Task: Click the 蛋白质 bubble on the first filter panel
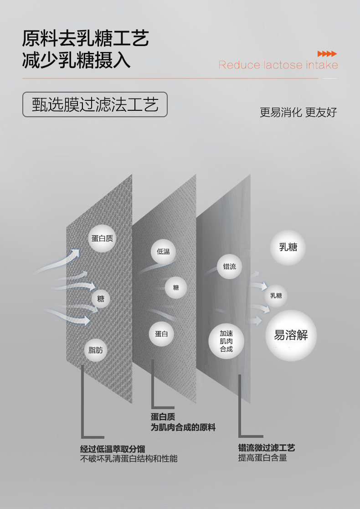tap(102, 238)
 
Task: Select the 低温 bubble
tap(163, 251)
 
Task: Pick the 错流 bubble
tap(230, 266)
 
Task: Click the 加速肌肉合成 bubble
tap(226, 341)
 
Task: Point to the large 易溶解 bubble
tap(291, 336)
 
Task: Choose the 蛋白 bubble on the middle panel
tap(161, 334)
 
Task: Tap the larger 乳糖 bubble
tap(288, 247)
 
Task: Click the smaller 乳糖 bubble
tap(276, 296)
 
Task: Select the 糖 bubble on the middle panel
tap(176, 287)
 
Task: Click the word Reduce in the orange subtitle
tap(239, 65)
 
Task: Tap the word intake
tap(322, 65)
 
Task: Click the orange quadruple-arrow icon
tap(327, 54)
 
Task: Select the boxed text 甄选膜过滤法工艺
tap(95, 104)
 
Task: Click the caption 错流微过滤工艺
tap(267, 448)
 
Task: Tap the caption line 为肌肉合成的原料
tap(183, 427)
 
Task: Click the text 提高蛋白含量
tap(262, 458)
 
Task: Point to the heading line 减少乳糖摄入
tap(76, 61)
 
